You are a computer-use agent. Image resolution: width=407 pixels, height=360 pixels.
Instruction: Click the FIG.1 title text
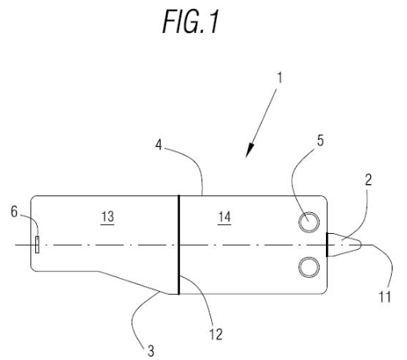click(191, 22)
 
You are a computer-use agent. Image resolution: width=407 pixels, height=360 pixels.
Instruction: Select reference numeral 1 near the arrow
click(280, 78)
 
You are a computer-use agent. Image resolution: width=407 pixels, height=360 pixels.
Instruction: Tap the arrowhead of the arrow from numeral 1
click(250, 150)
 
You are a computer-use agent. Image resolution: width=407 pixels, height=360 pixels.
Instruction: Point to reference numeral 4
click(159, 145)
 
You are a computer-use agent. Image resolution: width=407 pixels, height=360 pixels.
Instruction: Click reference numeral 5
click(320, 141)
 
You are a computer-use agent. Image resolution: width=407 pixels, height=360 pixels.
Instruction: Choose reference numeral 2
click(368, 180)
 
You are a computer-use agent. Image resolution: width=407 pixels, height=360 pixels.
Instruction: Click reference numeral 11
click(385, 297)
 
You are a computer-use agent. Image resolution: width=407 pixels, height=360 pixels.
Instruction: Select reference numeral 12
click(216, 334)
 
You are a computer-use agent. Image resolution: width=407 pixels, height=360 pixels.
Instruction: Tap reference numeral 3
click(151, 351)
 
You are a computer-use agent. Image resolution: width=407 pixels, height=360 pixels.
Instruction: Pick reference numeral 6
click(14, 211)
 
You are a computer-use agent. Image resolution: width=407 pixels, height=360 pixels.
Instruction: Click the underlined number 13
click(108, 217)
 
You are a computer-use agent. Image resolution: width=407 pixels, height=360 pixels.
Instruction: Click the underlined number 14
click(224, 217)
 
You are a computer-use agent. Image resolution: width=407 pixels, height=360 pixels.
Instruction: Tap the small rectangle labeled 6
click(37, 244)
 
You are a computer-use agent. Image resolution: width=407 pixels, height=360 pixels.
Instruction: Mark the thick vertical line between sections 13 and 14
click(179, 245)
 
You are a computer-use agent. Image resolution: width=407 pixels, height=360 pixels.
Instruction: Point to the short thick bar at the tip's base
click(327, 245)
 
